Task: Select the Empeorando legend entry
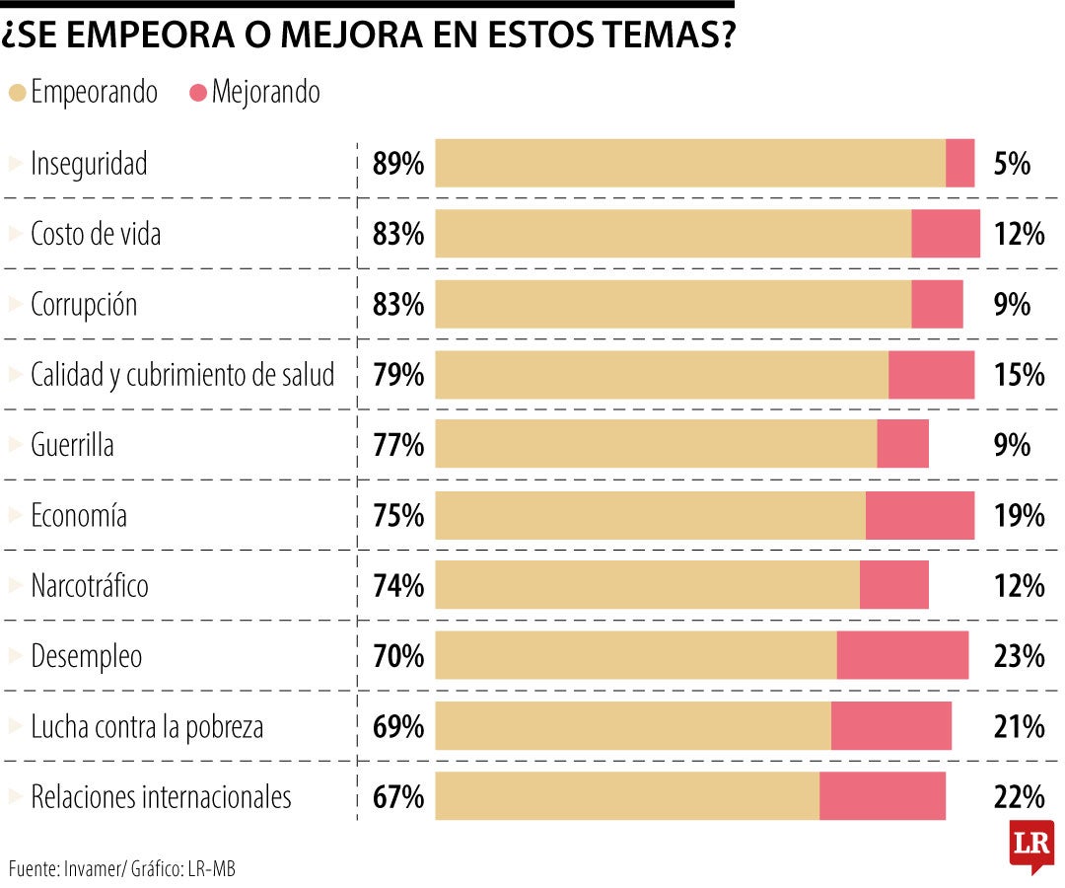point(83,93)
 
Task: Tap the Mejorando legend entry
point(254,93)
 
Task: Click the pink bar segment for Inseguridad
point(959,164)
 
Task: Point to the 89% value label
point(397,164)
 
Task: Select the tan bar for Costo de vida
point(673,234)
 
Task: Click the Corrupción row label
point(84,305)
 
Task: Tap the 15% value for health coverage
point(1018,375)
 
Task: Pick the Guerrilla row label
point(72,445)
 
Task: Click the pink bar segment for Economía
point(919,516)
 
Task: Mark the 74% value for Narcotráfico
point(397,586)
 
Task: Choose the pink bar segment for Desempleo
point(902,656)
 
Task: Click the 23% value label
point(1018,656)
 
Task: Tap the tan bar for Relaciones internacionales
point(627,796)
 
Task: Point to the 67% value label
point(397,797)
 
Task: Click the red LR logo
point(1030,845)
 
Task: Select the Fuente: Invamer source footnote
point(122,869)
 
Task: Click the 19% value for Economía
point(1018,516)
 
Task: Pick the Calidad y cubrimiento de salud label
point(182,375)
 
